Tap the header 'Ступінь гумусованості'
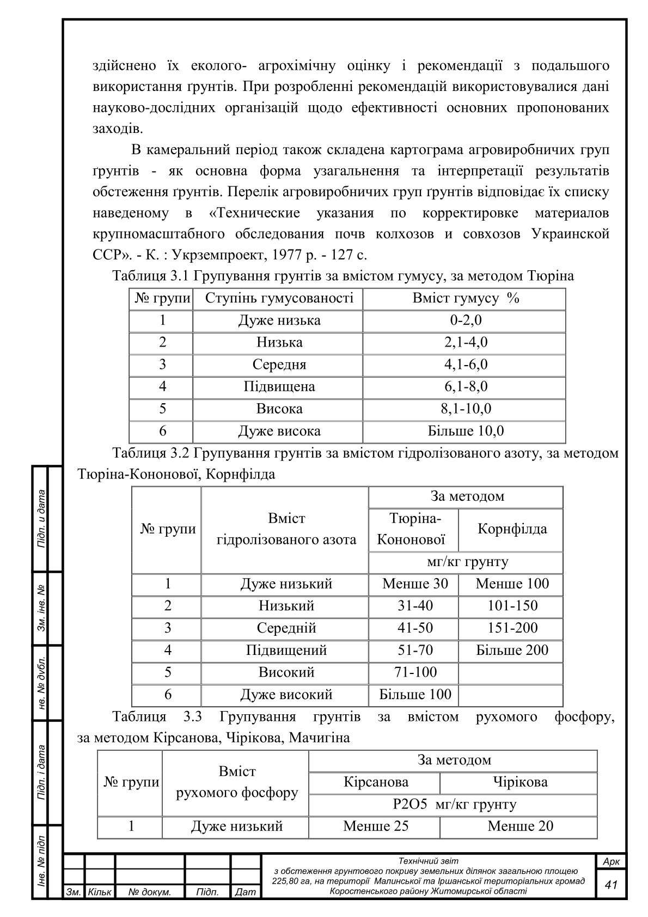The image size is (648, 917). pyautogui.click(x=279, y=298)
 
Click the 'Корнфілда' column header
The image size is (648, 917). pyautogui.click(x=512, y=529)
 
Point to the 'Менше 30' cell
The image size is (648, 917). pyautogui.click(x=415, y=584)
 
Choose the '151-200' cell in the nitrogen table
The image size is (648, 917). pyautogui.click(x=512, y=628)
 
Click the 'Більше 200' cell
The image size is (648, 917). pyautogui.click(x=512, y=650)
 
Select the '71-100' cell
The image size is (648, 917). pyautogui.click(x=415, y=672)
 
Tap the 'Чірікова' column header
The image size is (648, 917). pyautogui.click(x=519, y=782)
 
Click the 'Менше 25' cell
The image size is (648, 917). pyautogui.click(x=376, y=826)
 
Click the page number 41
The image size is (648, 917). pyautogui.click(x=611, y=884)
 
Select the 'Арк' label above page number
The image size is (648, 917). pyautogui.click(x=611, y=861)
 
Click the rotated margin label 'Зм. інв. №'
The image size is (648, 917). pyautogui.click(x=41, y=609)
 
